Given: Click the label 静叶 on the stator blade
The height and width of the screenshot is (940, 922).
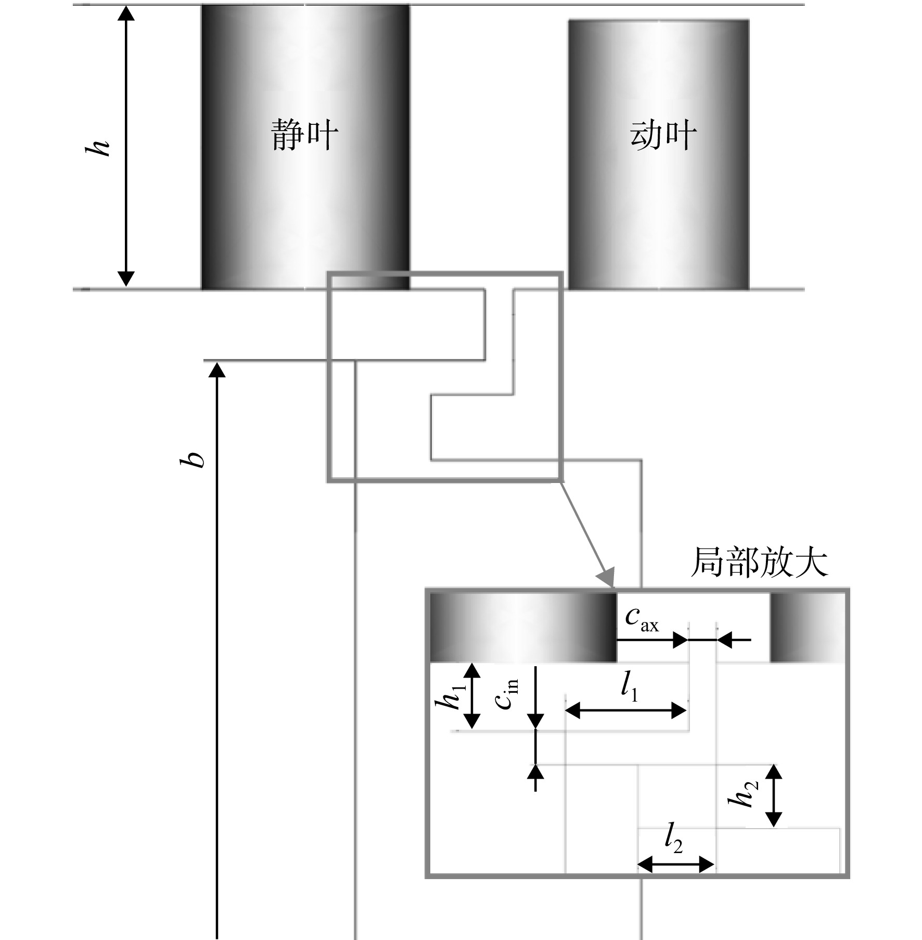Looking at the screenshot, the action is pyautogui.click(x=304, y=134).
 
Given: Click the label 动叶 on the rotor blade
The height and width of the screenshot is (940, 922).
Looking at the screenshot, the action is pyautogui.click(x=663, y=134).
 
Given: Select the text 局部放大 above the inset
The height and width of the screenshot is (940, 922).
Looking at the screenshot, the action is pyautogui.click(x=759, y=563).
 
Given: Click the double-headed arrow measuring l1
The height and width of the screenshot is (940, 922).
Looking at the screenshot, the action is pyautogui.click(x=626, y=710).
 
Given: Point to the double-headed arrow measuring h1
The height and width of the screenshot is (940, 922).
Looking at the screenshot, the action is pyautogui.click(x=472, y=696).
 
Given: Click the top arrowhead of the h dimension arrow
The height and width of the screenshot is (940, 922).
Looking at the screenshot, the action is pyautogui.click(x=126, y=12).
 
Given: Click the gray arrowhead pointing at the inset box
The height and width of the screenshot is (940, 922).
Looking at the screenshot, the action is pyautogui.click(x=606, y=579).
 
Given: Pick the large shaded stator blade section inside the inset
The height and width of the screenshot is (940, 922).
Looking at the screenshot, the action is pyautogui.click(x=523, y=628).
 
